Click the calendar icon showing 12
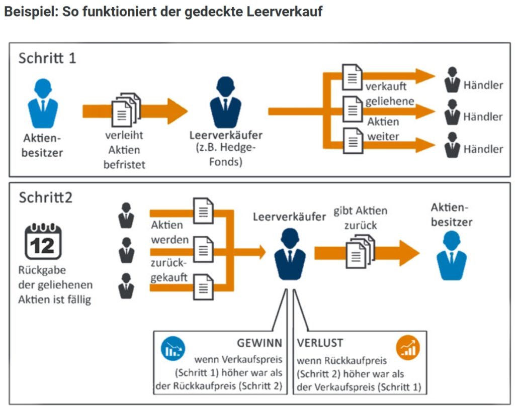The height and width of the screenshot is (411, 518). (x=43, y=241)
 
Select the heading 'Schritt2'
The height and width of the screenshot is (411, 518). (x=45, y=197)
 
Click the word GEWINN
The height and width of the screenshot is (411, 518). (x=260, y=343)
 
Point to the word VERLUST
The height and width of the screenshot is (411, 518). (x=320, y=343)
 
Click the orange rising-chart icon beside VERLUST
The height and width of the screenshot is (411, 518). (x=408, y=348)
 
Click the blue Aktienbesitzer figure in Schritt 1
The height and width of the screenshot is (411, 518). (x=43, y=104)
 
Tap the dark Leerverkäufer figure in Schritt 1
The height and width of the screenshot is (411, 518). (x=225, y=103)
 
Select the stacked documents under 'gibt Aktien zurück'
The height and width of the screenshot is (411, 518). (x=360, y=251)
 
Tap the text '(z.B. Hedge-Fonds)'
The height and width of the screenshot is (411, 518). (x=226, y=155)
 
